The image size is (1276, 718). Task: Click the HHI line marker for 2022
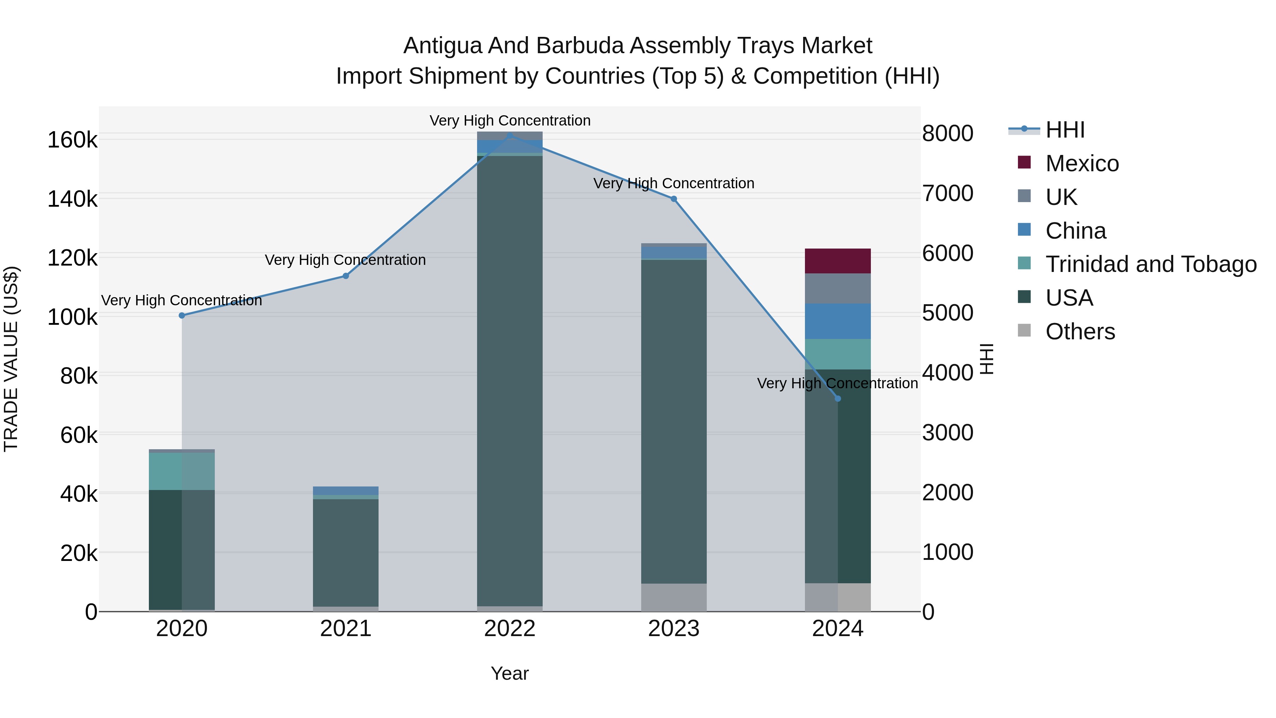[x=510, y=135]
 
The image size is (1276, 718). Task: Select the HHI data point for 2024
[x=838, y=399]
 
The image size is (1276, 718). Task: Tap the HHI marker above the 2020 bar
[x=182, y=316]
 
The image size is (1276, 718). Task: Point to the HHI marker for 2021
[x=346, y=276]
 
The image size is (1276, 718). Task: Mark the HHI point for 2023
[x=674, y=199]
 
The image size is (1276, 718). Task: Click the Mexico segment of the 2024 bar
[x=838, y=261]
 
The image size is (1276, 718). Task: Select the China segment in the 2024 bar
[x=838, y=321]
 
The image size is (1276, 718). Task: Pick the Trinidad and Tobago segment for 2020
[x=182, y=471]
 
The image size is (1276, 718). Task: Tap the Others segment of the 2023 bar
[x=674, y=597]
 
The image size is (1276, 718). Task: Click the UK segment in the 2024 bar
[x=838, y=288]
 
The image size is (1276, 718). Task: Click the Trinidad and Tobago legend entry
[x=1151, y=264]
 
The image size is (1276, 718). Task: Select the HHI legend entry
[x=1065, y=130]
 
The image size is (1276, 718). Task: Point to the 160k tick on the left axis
[x=72, y=140]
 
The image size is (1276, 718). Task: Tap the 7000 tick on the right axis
[x=947, y=193]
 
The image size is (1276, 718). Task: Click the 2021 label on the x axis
[x=346, y=629]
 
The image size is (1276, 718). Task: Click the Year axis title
[x=510, y=673]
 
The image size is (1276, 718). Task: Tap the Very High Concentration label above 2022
[x=510, y=121]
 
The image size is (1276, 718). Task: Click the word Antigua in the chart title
[x=442, y=46]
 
